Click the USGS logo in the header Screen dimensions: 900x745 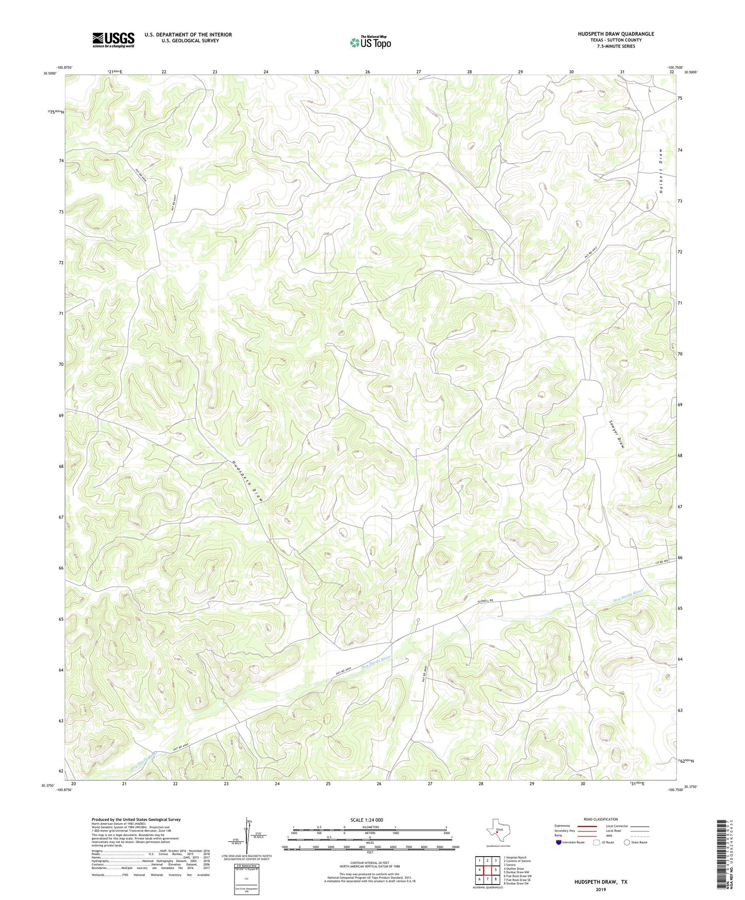pyautogui.click(x=113, y=40)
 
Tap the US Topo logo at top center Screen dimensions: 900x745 pyautogui.click(x=370, y=42)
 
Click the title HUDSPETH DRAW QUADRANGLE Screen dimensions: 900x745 pyautogui.click(x=616, y=34)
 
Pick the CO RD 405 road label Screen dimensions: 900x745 pyautogui.click(x=662, y=562)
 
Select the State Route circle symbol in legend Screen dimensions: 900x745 pyautogui.click(x=627, y=842)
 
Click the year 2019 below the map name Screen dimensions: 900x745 pyautogui.click(x=601, y=889)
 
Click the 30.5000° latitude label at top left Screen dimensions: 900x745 pyautogui.click(x=50, y=73)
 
